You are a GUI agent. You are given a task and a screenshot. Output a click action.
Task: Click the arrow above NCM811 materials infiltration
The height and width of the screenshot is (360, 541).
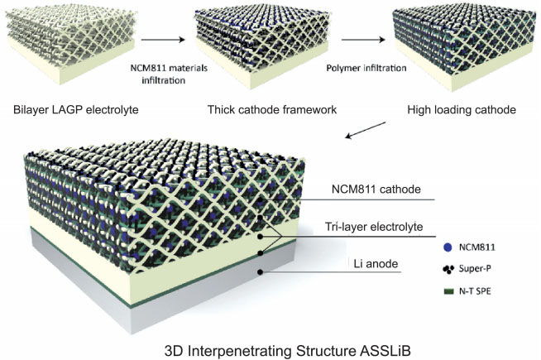click(x=162, y=38)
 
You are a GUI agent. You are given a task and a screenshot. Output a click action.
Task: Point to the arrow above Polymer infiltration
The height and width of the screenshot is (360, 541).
click(x=347, y=38)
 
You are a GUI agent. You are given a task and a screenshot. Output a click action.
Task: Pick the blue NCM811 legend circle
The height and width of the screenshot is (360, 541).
click(x=448, y=247)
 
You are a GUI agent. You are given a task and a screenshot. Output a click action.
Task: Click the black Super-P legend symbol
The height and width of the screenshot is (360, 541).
click(x=448, y=271)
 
